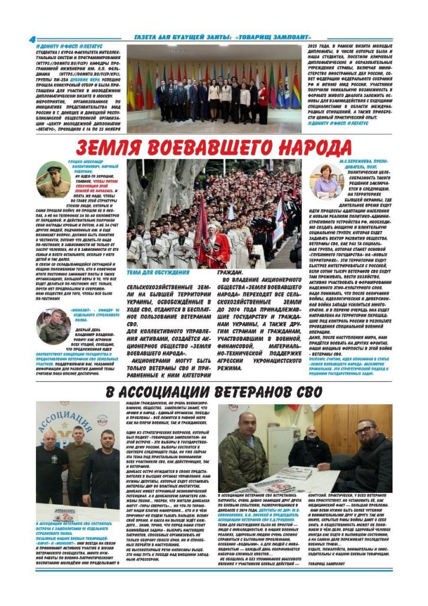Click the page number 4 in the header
(32, 40)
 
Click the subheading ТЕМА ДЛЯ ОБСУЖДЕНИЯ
(158, 273)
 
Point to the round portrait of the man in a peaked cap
(53, 180)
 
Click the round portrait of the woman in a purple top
(326, 180)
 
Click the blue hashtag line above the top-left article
(69, 46)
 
